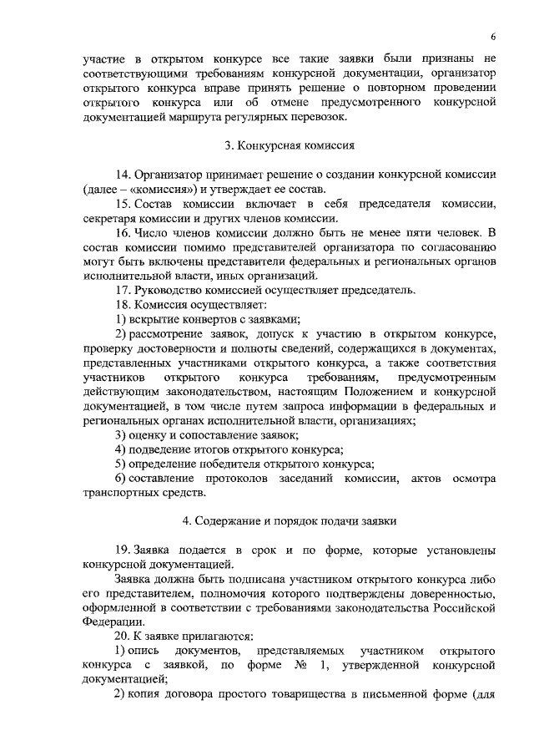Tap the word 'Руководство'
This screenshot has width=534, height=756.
coord(169,290)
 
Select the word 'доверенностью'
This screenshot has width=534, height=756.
coord(454,593)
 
